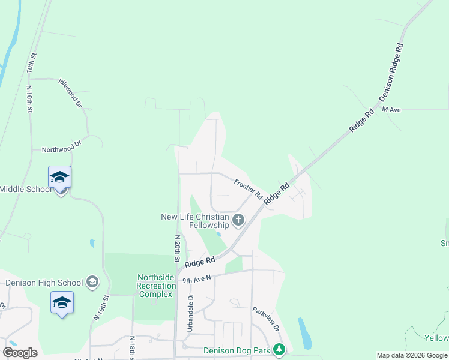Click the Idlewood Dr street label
[x=70, y=92]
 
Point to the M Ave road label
[x=391, y=110]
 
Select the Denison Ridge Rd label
[x=391, y=72]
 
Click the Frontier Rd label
[x=249, y=190]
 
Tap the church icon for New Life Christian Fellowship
[x=238, y=220]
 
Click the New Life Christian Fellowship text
[x=195, y=221]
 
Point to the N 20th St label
[x=177, y=249]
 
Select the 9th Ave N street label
[x=197, y=279]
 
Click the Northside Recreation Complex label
[x=156, y=286]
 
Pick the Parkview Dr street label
[x=266, y=320]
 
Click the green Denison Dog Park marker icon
[x=279, y=349]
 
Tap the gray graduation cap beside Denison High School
[x=92, y=281]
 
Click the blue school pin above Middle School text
[x=60, y=178]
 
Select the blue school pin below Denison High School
[x=62, y=303]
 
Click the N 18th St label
[x=132, y=347]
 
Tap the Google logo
[x=20, y=353]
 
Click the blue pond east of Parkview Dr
[x=304, y=334]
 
